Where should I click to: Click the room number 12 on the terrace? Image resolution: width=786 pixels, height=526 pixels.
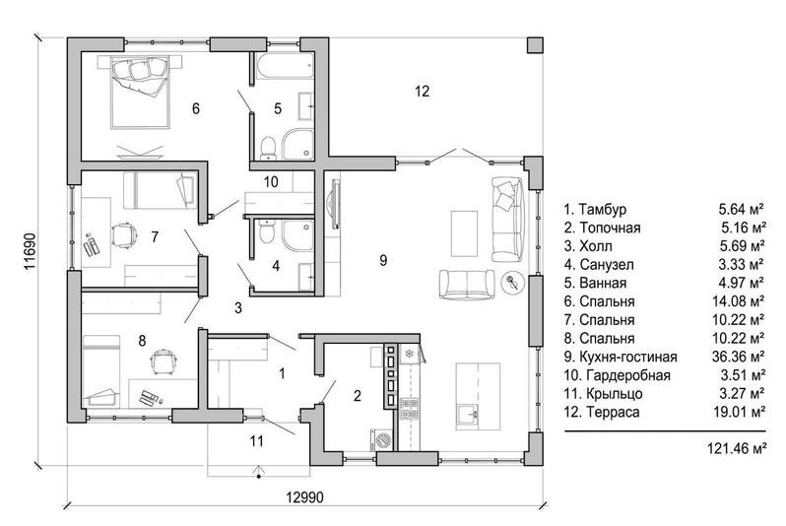tap(423, 92)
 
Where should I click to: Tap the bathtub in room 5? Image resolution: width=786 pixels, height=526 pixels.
tap(285, 67)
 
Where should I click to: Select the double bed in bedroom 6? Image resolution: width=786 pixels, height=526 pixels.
tap(141, 93)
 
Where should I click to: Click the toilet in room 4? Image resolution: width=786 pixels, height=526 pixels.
tap(267, 232)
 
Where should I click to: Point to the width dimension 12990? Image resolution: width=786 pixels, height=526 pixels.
tap(304, 496)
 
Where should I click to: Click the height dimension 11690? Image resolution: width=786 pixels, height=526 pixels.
tap(30, 251)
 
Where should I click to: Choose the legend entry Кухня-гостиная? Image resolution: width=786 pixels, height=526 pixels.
tap(621, 357)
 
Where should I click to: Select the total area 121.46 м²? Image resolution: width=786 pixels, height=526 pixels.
tap(737, 448)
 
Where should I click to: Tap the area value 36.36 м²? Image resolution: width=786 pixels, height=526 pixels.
tap(738, 357)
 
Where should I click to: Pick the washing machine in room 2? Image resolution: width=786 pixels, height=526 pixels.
tap(382, 439)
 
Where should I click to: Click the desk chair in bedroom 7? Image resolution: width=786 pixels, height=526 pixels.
tap(124, 235)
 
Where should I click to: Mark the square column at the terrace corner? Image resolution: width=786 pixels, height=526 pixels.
tap(535, 44)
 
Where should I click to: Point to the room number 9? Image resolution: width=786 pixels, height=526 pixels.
tap(383, 260)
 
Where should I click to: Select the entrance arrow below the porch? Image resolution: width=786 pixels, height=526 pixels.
tap(258, 472)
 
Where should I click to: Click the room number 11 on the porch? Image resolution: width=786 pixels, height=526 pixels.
tap(256, 441)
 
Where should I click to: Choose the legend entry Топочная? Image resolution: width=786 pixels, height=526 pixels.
tap(602, 228)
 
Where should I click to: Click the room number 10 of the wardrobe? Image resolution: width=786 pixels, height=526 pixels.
tap(271, 181)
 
